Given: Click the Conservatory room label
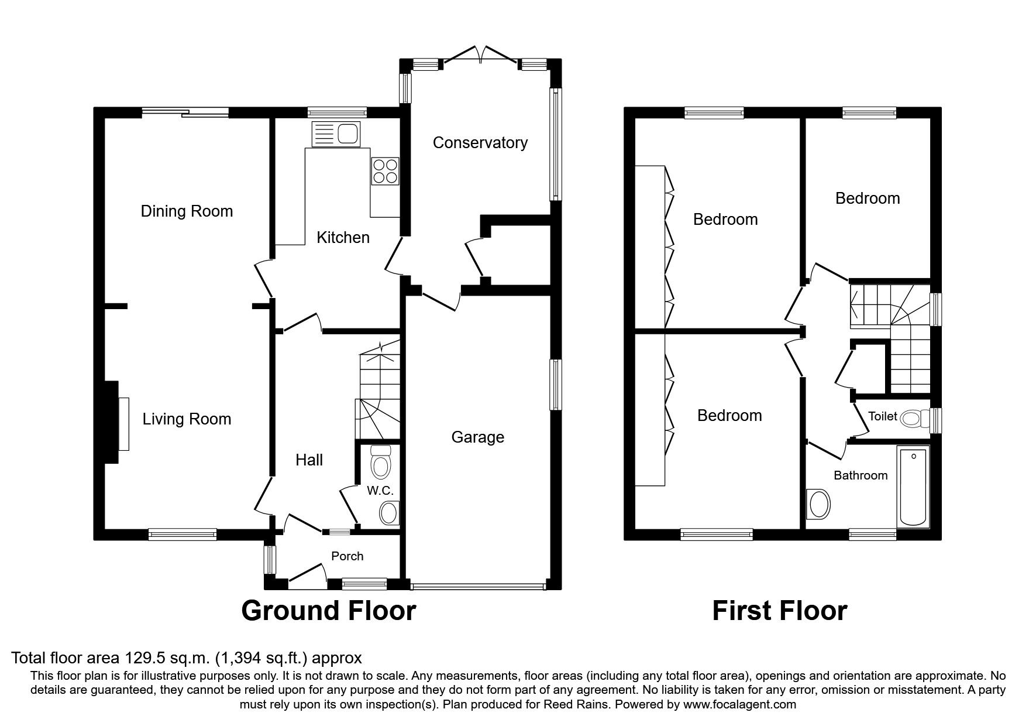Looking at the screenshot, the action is click(480, 143).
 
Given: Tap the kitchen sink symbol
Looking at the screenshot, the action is click(338, 134).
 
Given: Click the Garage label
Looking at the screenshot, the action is click(477, 437).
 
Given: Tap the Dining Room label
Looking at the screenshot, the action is click(187, 211).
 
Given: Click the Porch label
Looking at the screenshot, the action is click(347, 556).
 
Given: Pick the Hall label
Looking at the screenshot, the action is click(309, 460).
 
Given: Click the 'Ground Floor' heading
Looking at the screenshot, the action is click(328, 611).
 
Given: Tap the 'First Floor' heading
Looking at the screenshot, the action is click(779, 611).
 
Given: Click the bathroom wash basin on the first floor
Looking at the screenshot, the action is click(818, 504).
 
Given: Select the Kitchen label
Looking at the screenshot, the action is click(343, 238).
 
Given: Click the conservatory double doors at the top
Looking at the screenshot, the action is click(481, 54).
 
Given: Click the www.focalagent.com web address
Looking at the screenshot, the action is click(739, 704).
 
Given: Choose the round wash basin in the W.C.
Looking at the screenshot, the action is click(388, 513).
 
